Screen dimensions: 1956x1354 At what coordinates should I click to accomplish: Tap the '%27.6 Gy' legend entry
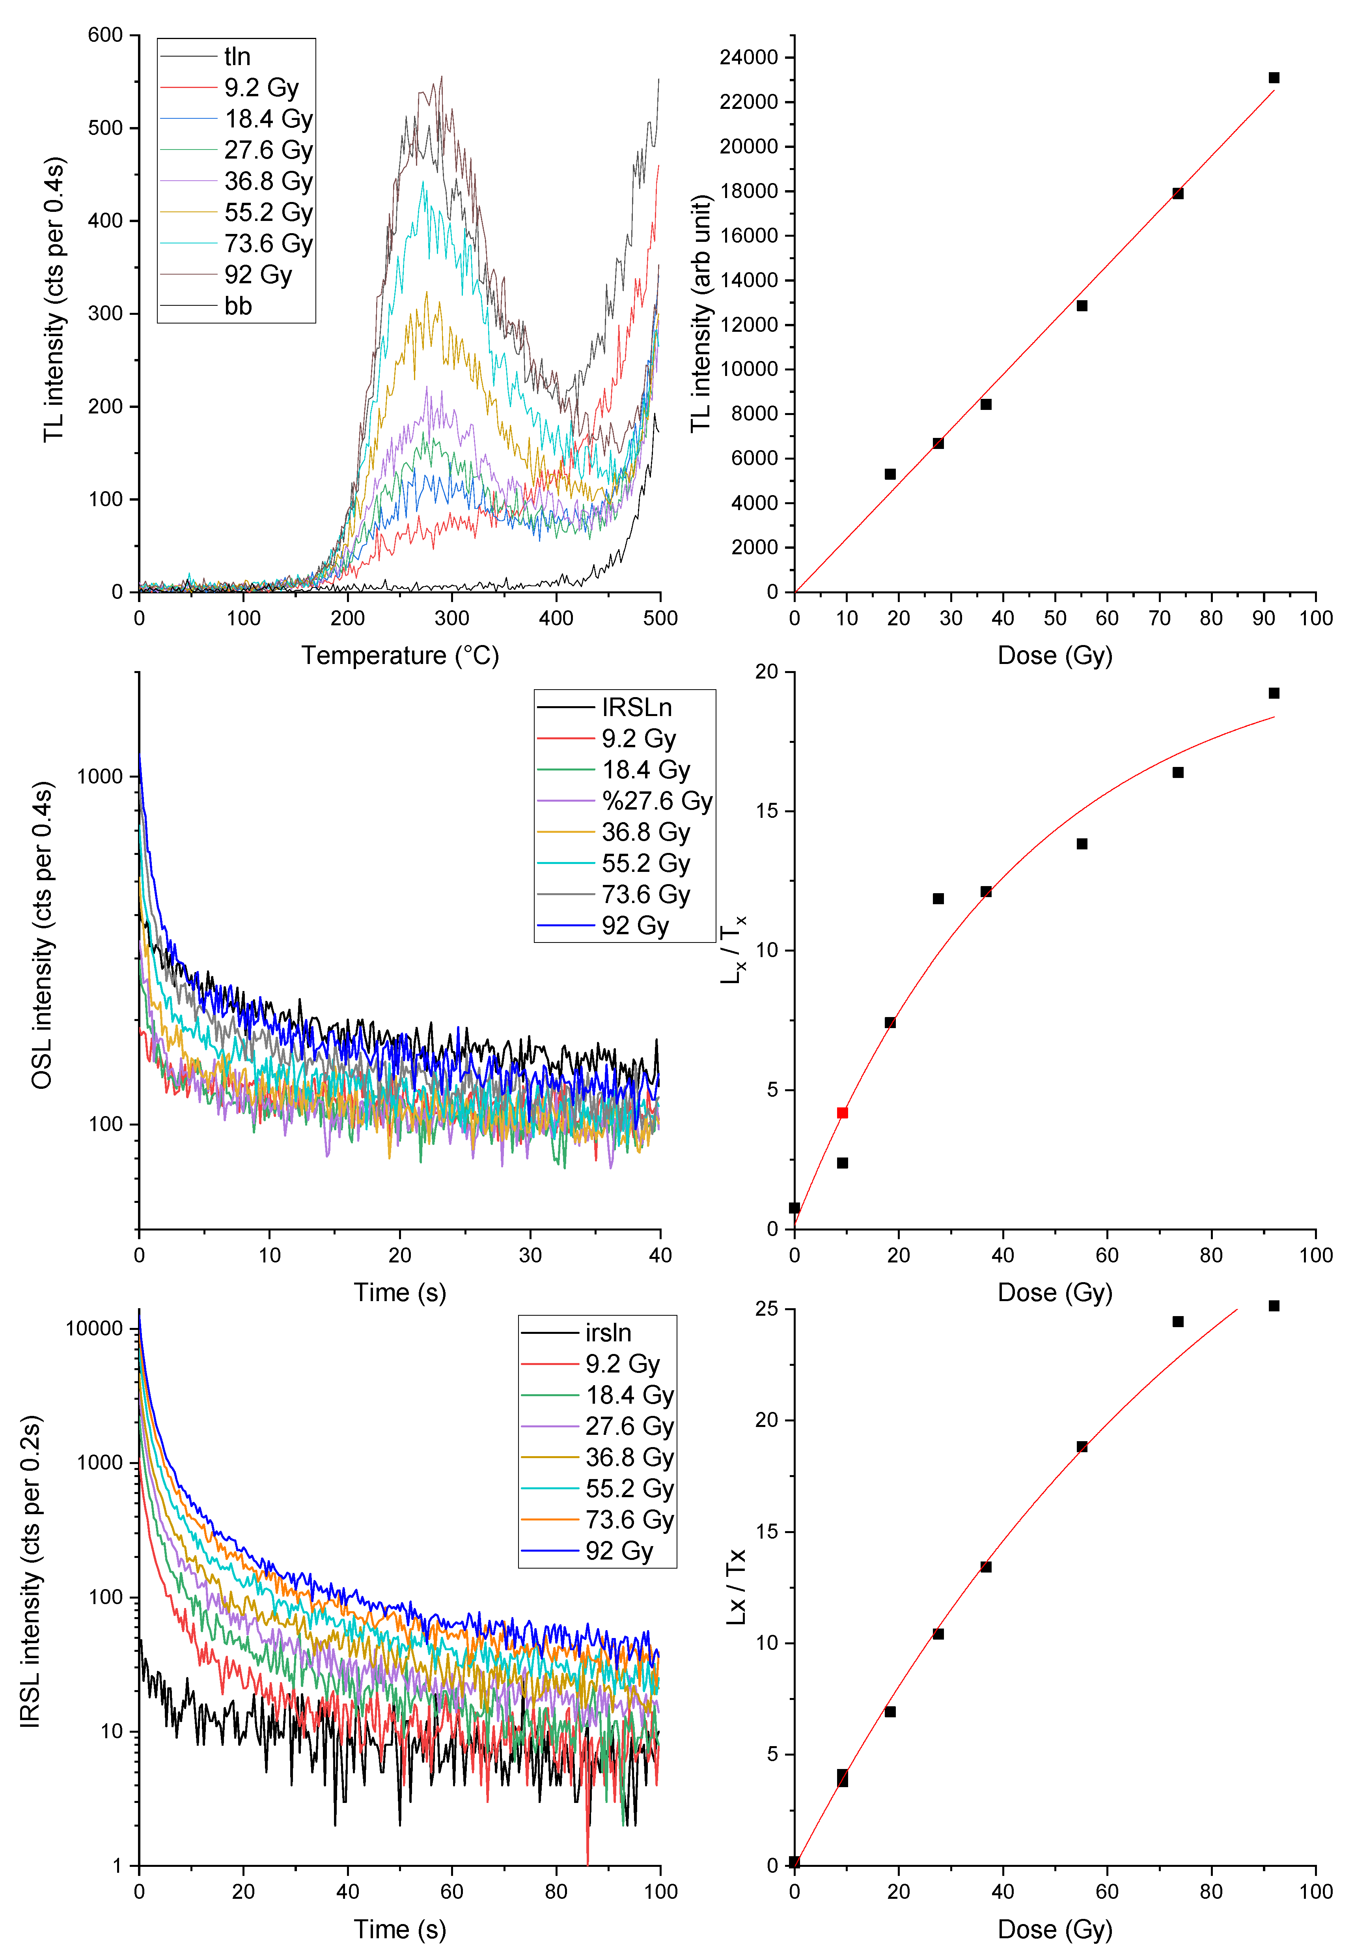[x=656, y=801]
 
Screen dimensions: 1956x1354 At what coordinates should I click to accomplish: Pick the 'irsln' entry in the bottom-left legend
[x=608, y=1333]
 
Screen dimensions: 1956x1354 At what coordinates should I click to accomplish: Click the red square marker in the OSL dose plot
[x=843, y=1113]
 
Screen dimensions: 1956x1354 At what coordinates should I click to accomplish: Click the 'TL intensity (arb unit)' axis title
[x=701, y=314]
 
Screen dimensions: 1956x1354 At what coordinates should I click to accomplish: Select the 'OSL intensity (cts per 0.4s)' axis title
[x=43, y=935]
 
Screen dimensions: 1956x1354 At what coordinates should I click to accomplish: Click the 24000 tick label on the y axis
[x=748, y=58]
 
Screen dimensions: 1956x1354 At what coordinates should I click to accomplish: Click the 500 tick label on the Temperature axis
[x=660, y=619]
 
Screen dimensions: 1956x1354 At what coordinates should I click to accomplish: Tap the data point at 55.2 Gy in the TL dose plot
[x=1082, y=305]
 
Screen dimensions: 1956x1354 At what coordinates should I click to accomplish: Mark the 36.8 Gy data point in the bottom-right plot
[x=986, y=1567]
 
